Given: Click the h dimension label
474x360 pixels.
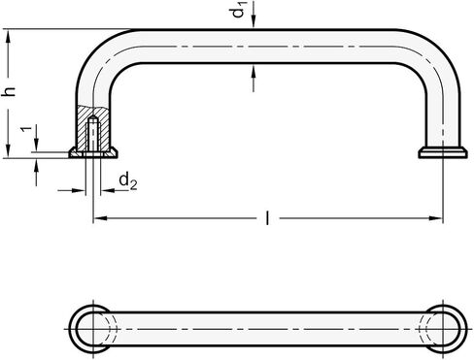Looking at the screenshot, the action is [9, 91].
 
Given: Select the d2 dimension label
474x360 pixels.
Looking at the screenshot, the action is [128, 180].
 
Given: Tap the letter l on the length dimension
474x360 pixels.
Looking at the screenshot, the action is [267, 218].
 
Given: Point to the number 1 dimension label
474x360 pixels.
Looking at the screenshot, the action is [27, 129].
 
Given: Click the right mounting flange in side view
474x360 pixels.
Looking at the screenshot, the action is [442, 152].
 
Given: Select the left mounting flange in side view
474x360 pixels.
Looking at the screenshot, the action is [93, 152].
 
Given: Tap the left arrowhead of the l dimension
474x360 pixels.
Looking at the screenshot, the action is [100, 218].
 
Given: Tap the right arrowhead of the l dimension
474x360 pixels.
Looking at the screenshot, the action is [435, 218].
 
